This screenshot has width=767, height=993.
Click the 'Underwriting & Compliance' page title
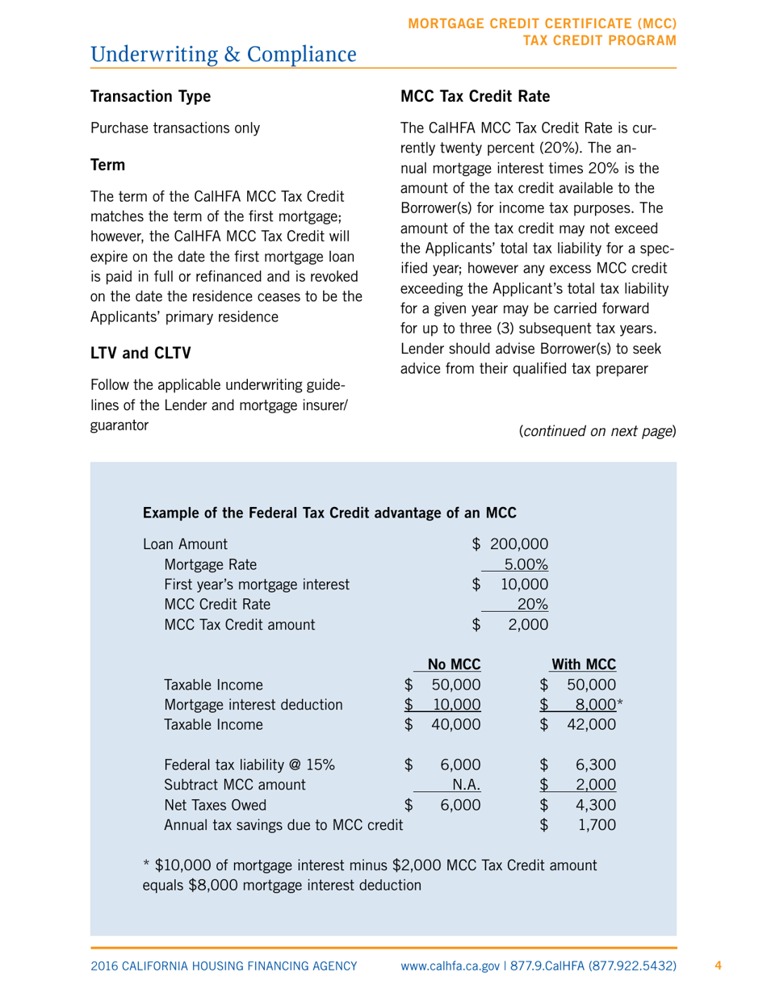[224, 54]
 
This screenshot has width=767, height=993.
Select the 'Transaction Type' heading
[150, 97]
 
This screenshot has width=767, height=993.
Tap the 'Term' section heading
[107, 165]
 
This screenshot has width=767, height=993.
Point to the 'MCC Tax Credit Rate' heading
[475, 97]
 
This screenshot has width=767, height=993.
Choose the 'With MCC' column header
[584, 664]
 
